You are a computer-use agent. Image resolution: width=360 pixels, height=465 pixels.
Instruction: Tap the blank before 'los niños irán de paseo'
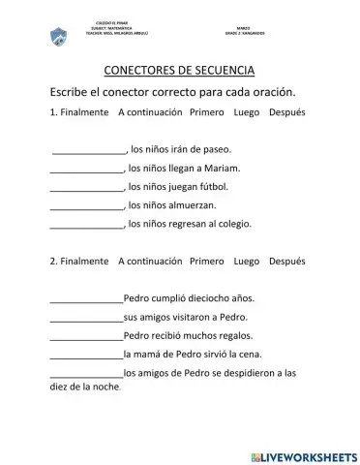point(88,150)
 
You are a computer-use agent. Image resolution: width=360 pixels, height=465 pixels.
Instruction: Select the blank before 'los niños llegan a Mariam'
point(86,168)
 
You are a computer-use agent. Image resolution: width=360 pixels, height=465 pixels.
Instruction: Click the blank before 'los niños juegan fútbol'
point(86,186)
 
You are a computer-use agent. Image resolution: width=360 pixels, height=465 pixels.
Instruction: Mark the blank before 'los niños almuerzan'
point(86,204)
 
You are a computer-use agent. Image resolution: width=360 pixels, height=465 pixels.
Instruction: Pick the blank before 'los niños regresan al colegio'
point(86,223)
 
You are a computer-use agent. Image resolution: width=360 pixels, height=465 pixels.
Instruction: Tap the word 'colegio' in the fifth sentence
point(232,223)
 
